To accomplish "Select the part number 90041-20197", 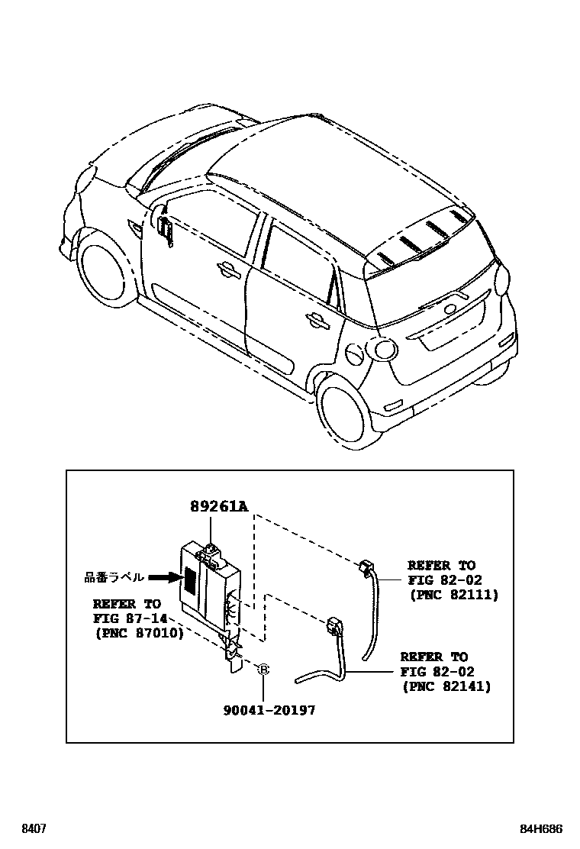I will (269, 710).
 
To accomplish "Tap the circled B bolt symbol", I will (263, 669).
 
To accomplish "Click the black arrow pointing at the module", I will (163, 578).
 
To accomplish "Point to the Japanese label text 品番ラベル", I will (114, 578).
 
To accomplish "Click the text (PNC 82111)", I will (453, 595).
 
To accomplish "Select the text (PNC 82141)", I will (446, 686).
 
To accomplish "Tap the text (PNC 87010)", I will (139, 632).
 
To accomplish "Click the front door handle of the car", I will (226, 268).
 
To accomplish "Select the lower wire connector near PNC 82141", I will (333, 625).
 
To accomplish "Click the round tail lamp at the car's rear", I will (503, 280).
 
